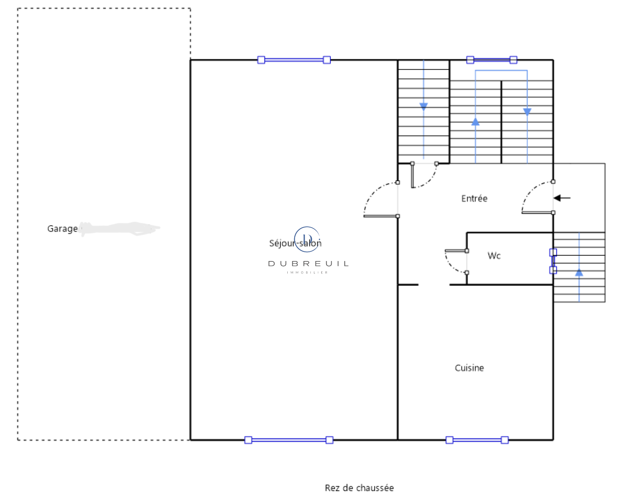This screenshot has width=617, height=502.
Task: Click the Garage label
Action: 62,229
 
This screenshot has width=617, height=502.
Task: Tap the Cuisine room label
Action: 469,368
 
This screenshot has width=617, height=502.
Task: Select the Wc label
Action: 494,256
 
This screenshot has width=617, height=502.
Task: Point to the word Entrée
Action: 474,199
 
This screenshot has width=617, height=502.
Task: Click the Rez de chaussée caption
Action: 359,488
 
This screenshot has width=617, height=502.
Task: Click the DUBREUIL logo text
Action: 308,264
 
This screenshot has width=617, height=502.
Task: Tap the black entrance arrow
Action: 562,198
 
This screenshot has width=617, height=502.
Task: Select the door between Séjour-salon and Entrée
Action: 376,197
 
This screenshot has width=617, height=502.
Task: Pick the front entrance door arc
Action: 532,193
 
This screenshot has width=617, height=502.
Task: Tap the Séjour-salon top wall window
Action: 294,60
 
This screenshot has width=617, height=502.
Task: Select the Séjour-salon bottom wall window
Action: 289,440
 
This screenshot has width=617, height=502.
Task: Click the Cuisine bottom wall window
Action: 477,440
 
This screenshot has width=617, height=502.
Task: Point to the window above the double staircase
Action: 492,60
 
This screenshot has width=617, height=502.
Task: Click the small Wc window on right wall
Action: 553,261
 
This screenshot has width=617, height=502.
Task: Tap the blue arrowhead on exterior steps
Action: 579,273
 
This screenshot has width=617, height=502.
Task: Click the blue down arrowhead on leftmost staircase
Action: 423,106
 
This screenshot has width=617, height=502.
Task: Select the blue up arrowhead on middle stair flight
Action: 475,122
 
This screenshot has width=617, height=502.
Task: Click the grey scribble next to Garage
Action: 120,228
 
